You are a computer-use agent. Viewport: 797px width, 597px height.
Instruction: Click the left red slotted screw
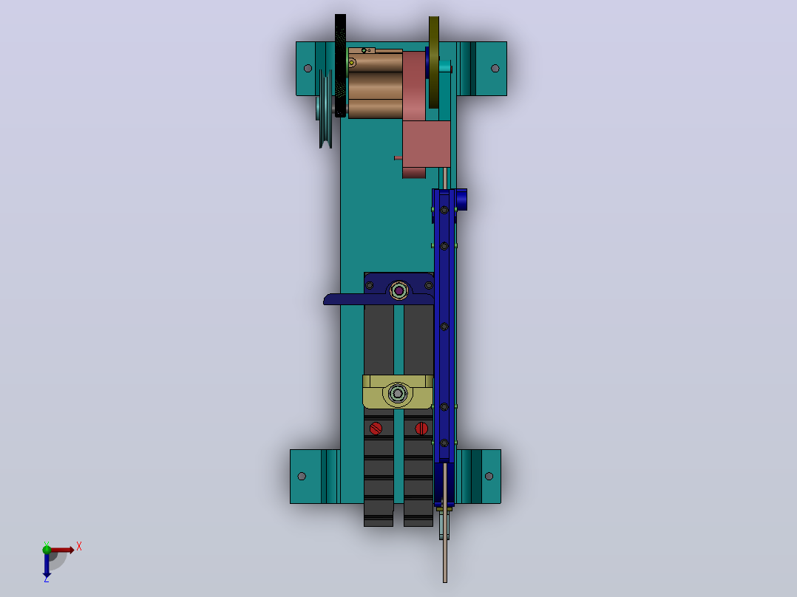tap(376, 429)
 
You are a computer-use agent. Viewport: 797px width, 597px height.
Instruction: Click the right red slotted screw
tap(421, 429)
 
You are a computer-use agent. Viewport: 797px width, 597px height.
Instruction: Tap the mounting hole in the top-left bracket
tap(308, 68)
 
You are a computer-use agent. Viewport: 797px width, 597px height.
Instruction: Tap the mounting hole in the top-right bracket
tap(495, 68)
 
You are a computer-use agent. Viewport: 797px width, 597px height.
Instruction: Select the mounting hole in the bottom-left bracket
tap(302, 476)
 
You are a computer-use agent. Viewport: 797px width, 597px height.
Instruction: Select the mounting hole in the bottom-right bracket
tap(489, 476)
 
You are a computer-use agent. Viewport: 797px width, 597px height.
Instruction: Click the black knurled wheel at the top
tap(340, 66)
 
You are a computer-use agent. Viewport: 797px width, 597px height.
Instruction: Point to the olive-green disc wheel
tap(433, 62)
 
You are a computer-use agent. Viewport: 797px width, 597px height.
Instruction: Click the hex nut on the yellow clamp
tap(398, 393)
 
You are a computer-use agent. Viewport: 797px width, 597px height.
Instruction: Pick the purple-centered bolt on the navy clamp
tap(399, 290)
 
